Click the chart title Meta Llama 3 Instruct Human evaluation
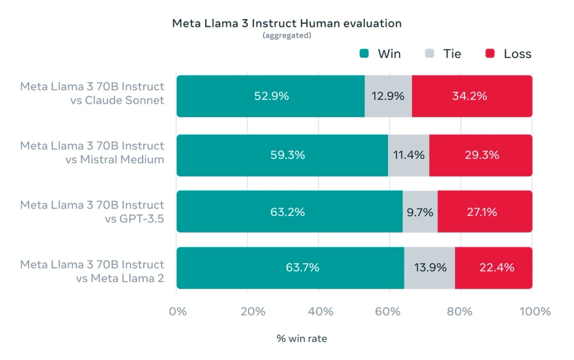point(286,23)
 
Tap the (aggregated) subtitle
point(286,36)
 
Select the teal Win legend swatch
point(365,54)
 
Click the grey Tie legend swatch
point(430,54)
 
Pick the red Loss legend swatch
point(490,54)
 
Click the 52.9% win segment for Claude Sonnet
point(271,96)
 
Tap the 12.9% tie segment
point(388,96)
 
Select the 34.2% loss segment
point(471,96)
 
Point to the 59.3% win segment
point(282,155)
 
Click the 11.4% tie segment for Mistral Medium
point(408,155)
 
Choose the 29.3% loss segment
point(480,155)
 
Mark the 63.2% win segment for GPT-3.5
point(289,212)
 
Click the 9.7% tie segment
point(420,212)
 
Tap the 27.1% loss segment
point(484,212)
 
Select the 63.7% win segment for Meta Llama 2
point(290,267)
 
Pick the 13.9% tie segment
point(429,267)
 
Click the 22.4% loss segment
point(493,267)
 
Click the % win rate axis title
point(301,338)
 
